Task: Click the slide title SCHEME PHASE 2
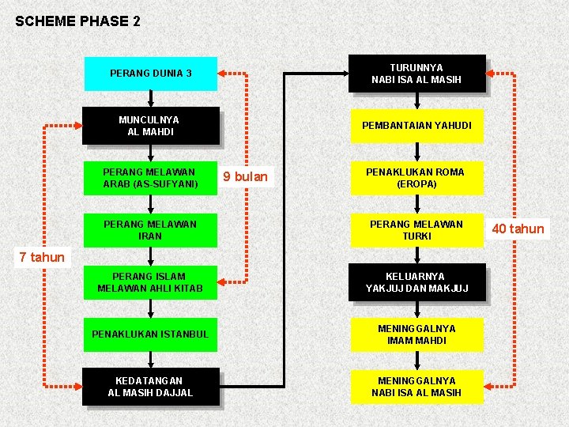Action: click(77, 21)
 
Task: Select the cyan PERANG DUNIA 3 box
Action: click(150, 74)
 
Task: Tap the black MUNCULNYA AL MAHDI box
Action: click(150, 126)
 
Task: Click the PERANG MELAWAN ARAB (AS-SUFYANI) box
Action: click(150, 178)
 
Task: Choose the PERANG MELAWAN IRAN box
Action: click(150, 230)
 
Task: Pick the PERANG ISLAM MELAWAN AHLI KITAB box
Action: click(150, 282)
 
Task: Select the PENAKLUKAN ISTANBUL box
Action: click(150, 334)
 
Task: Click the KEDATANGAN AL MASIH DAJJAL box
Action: click(150, 387)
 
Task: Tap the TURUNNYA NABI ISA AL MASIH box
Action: click(416, 74)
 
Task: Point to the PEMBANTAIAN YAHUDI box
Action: click(416, 126)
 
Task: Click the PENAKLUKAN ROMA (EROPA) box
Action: click(416, 178)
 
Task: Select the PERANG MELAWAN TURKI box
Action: click(416, 230)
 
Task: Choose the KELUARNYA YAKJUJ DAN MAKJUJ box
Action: click(416, 282)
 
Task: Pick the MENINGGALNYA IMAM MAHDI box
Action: click(416, 334)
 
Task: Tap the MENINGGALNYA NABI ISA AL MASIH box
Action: click(416, 387)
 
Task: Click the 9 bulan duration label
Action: click(245, 176)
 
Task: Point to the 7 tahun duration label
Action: click(42, 257)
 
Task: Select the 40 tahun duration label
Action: click(518, 229)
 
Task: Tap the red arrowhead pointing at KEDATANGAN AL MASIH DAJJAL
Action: click(76, 387)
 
